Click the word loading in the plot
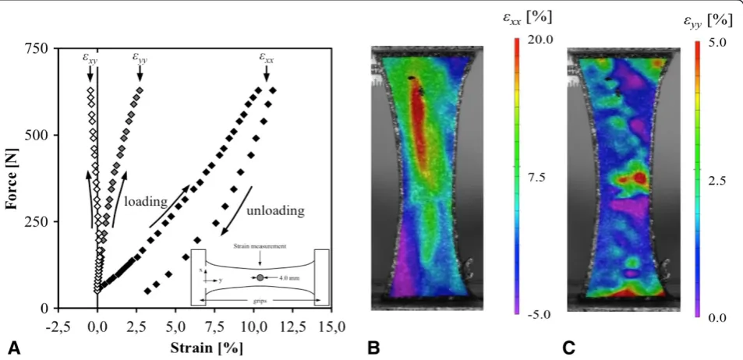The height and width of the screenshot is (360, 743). point(146,203)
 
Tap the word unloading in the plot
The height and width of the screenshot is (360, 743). point(275,210)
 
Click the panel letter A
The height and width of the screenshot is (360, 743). point(15,348)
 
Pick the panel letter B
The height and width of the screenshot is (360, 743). point(374,348)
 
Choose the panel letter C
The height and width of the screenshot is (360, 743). point(569,348)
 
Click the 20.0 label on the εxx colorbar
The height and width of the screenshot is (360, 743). point(540,40)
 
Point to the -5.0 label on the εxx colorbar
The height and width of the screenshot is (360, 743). point(540,315)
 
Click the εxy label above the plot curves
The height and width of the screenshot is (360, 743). point(90,58)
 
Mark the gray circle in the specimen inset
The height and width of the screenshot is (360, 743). point(260,277)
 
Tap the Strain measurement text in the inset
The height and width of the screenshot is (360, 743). point(259,246)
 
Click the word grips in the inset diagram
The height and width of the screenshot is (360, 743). point(259,300)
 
